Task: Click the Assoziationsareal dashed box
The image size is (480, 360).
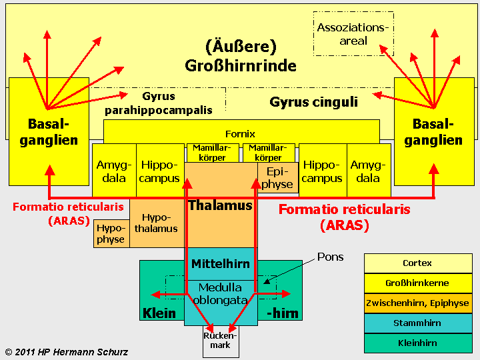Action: (x=353, y=34)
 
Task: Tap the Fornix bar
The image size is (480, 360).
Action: (x=240, y=133)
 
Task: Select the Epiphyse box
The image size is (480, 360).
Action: (x=277, y=177)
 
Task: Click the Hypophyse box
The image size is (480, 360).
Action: (x=110, y=233)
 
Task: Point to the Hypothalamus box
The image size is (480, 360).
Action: (x=156, y=223)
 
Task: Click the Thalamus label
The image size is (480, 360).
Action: (x=220, y=205)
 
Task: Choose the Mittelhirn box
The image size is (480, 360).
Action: (x=220, y=263)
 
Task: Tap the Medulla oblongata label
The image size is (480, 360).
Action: (x=220, y=293)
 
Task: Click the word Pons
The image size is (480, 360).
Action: (x=330, y=257)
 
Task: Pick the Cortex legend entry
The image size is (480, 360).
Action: (x=417, y=263)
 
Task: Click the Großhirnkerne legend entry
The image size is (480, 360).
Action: (x=417, y=283)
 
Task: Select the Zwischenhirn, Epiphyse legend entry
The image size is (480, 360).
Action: (x=417, y=303)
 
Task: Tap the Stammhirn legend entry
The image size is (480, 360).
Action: (x=417, y=323)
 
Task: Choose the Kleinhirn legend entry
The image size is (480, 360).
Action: (x=417, y=343)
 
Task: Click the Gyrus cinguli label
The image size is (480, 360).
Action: (x=313, y=102)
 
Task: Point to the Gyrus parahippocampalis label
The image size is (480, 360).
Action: (x=158, y=103)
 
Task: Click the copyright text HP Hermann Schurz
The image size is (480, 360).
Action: (x=67, y=351)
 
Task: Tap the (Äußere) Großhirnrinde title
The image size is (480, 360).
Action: (x=240, y=56)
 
